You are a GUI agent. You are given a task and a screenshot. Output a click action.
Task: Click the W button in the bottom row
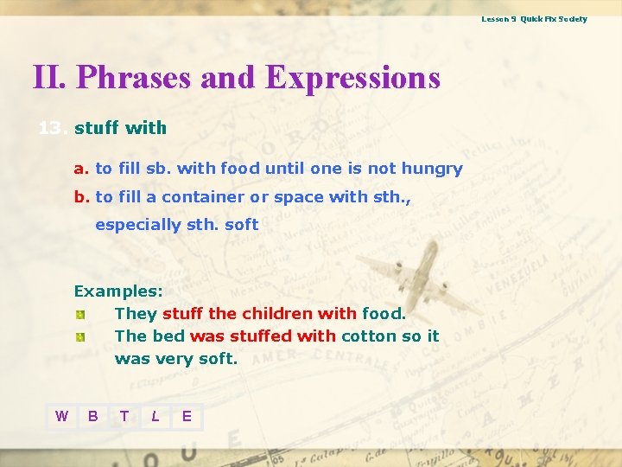pos(61,417)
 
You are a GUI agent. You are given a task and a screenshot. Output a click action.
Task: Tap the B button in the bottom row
pos(92,417)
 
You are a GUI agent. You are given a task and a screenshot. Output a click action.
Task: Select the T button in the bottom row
pos(124,417)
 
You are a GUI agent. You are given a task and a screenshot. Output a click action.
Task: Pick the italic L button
pos(155,417)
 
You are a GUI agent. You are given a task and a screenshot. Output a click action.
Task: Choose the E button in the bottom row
pos(187,417)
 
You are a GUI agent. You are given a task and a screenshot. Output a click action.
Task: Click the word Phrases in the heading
pos(134,78)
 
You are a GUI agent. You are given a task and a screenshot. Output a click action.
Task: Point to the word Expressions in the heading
pos(352,78)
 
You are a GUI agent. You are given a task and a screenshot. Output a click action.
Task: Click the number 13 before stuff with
pos(51,129)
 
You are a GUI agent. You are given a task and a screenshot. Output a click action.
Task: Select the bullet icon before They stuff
pos(79,314)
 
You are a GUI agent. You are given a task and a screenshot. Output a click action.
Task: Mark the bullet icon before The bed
pos(79,336)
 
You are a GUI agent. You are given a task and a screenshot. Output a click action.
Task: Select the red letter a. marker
pos(81,169)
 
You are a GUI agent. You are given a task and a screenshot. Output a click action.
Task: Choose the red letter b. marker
pos(81,197)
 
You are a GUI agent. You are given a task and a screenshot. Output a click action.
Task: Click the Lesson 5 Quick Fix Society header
pos(534,19)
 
